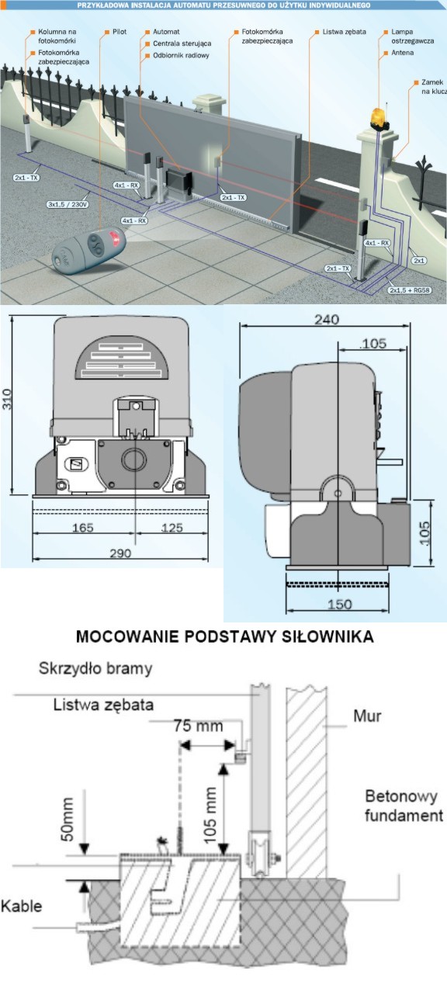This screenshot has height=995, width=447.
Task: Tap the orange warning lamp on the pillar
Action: point(379,117)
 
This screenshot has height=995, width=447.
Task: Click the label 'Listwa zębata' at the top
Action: point(344,32)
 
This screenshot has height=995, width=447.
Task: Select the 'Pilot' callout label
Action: point(119,32)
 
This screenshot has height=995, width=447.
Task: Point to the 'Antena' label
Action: point(402,53)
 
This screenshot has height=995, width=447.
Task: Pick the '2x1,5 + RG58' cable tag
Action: point(410,290)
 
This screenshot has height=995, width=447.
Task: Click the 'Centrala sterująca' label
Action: point(182,43)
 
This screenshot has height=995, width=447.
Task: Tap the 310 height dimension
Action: point(7,398)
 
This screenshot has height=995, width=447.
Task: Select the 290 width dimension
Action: point(120,553)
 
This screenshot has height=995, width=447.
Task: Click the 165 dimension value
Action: point(82,527)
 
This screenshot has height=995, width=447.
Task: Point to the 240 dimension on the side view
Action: point(327,319)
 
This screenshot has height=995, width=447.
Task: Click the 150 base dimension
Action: point(339,604)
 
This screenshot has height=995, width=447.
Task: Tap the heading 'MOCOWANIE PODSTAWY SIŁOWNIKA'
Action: point(224,636)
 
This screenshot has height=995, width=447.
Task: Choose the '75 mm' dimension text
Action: point(198,726)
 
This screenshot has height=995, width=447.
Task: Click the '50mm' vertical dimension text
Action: point(67,819)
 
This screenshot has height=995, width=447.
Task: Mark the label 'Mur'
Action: point(367,716)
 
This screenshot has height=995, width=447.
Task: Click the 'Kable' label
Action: point(21,906)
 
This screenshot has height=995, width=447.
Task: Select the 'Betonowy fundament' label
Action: point(404,806)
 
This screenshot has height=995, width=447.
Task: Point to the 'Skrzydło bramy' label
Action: point(95,668)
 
